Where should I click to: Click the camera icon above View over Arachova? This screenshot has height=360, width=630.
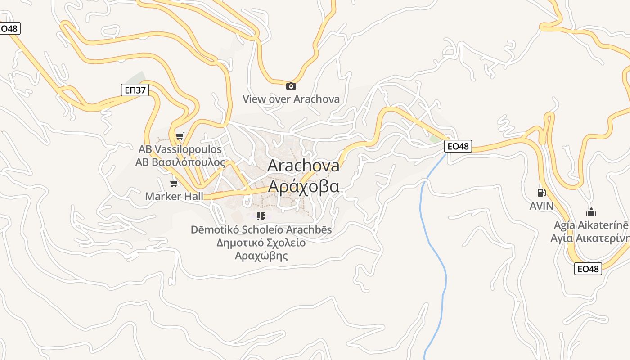click(291, 86)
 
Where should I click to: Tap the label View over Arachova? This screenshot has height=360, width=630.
click(291, 99)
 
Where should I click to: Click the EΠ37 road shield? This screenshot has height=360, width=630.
click(135, 90)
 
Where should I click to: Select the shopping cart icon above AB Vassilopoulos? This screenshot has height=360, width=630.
click(180, 136)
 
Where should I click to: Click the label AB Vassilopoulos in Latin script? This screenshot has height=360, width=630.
click(180, 149)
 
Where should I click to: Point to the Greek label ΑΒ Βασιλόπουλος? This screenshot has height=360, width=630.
click(180, 162)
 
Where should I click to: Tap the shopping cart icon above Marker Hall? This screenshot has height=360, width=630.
click(174, 183)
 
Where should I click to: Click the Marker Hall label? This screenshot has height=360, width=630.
click(174, 196)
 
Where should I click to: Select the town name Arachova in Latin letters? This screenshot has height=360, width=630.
click(304, 165)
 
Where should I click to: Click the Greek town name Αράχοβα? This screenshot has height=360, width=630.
click(304, 185)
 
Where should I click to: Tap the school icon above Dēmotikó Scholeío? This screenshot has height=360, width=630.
click(261, 216)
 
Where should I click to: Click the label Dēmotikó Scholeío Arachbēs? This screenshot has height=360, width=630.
click(261, 229)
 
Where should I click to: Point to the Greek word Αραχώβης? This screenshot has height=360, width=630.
click(261, 256)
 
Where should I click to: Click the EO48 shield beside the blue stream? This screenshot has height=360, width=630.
click(458, 146)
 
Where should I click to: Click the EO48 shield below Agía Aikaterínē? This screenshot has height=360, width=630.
click(588, 269)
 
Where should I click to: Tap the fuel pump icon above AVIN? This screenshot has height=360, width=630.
click(541, 193)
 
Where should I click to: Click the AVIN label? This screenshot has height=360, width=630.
click(541, 206)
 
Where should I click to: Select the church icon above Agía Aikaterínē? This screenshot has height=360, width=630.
click(591, 212)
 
